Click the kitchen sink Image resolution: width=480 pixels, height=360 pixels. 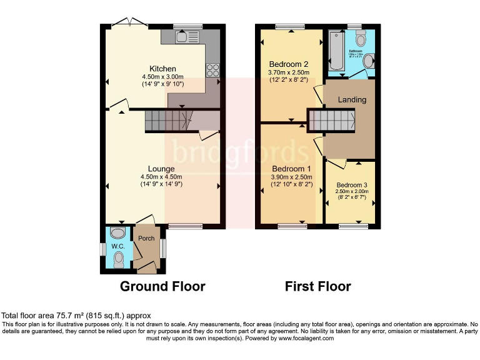186,37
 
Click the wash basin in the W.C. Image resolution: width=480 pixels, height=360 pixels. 116,234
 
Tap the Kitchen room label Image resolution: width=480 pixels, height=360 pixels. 162,69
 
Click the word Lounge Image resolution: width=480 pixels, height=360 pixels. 161,169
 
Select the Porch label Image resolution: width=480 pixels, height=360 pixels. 146,239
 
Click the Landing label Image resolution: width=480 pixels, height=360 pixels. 352,100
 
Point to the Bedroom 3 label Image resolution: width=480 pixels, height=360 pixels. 352,185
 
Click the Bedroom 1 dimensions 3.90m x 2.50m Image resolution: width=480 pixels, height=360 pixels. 289,177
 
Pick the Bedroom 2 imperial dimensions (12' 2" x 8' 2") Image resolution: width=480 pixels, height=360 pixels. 289,80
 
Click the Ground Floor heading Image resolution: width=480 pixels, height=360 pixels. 162,287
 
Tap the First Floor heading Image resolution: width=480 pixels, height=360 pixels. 317,287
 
